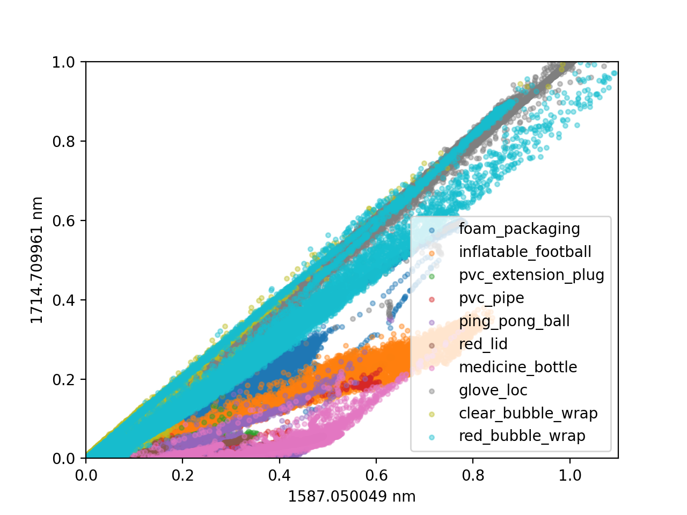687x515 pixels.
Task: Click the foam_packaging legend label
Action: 519,229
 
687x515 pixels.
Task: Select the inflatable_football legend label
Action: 525,252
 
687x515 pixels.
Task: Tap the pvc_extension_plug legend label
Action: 531,275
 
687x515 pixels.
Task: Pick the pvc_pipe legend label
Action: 492,298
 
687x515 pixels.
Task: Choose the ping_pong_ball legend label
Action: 514,321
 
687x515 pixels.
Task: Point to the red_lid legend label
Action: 483,344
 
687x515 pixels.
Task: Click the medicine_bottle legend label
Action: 518,367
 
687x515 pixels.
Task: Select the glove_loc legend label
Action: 493,390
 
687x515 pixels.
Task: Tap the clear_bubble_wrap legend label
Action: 528,414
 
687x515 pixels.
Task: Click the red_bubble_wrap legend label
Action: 522,436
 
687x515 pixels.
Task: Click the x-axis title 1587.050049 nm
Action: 352,497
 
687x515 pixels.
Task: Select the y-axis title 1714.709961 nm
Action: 36,260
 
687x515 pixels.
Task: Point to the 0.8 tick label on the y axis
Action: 64,141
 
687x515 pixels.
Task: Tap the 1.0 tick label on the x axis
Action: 569,475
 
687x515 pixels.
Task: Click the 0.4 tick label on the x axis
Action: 279,475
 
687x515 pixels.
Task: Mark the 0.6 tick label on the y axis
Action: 64,221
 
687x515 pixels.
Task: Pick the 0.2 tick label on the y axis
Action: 64,380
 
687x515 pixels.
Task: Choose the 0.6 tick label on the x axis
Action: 376,475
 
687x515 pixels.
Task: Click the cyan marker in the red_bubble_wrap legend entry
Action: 432,437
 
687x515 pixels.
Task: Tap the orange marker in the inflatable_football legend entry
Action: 432,253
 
